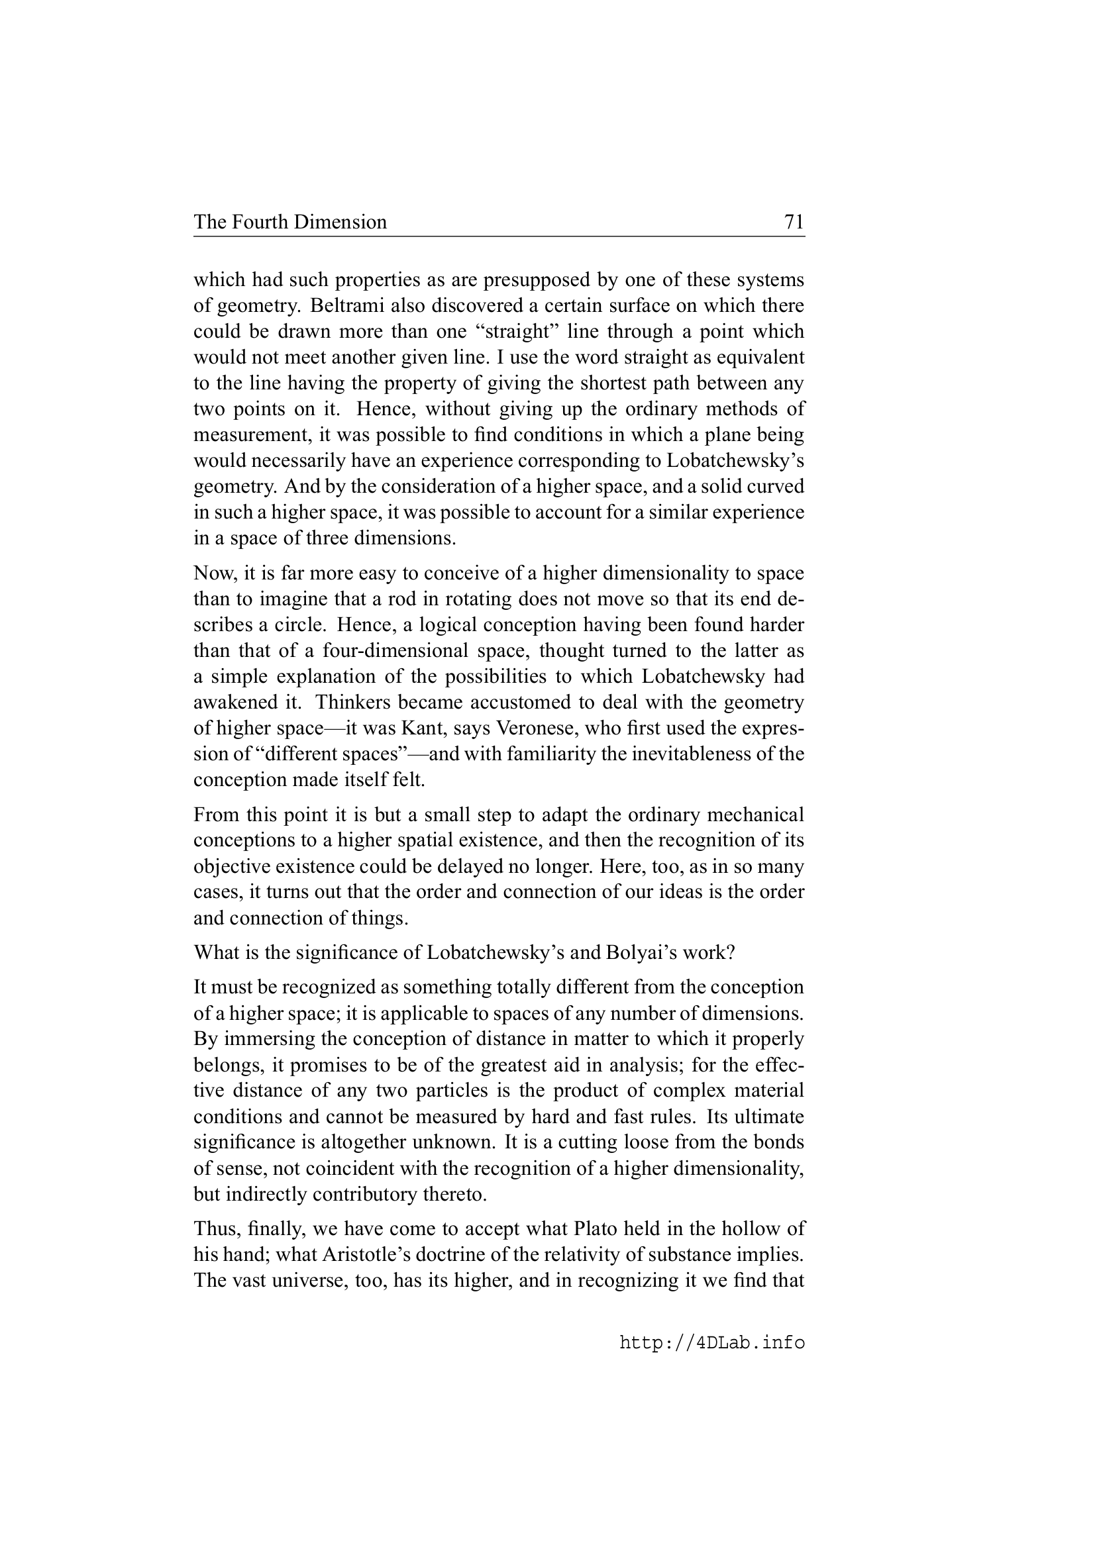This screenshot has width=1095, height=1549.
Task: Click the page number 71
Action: pos(794,222)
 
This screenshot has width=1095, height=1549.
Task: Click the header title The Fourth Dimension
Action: pos(290,222)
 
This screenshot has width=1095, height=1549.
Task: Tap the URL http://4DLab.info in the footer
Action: pos(712,1342)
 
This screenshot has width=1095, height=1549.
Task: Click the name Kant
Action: pos(425,728)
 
